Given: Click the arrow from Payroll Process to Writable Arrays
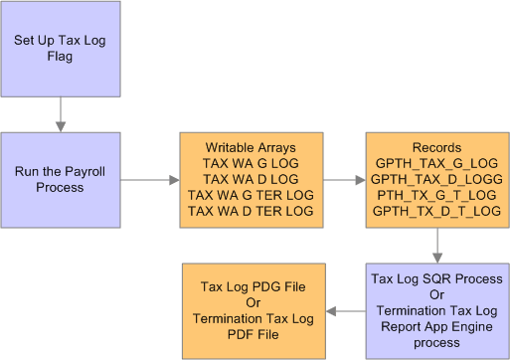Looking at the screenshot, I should coord(148,180).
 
